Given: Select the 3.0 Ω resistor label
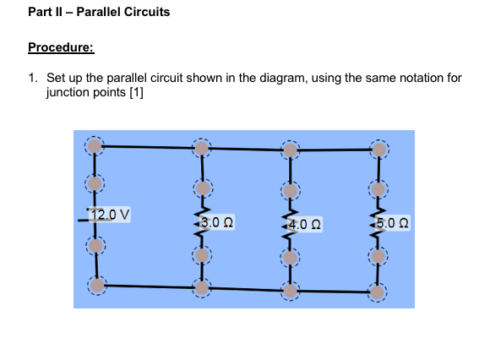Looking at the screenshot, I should click(x=217, y=223).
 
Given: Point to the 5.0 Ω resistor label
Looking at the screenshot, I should click(x=394, y=223).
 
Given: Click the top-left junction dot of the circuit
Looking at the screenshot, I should click(x=95, y=146).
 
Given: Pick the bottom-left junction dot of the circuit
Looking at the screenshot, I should click(x=95, y=286).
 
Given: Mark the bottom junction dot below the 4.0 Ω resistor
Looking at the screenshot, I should click(x=290, y=291).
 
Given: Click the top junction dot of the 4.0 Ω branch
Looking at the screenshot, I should click(x=290, y=150).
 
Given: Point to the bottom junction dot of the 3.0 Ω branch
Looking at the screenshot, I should click(x=200, y=288).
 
